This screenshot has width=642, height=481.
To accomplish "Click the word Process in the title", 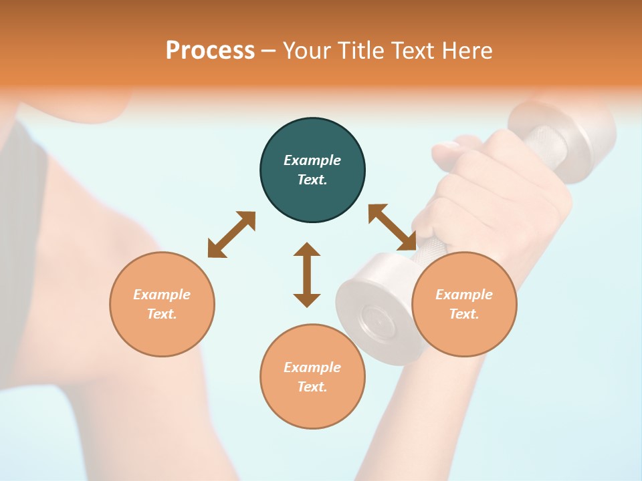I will pos(210,51).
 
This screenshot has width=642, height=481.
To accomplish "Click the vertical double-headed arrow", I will pos(307,275).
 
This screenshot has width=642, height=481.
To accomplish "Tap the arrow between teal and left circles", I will pos(231,234).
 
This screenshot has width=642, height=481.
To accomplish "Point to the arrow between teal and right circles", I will pos(392,228).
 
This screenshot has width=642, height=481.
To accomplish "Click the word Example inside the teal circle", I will pos(312,160).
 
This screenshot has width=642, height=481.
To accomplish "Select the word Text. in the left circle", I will pos(162,314).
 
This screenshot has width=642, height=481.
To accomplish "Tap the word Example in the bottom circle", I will pos(312,367).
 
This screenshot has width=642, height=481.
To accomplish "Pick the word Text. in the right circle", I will pos(464,314).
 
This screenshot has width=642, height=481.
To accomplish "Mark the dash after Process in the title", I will pos(269,51).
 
